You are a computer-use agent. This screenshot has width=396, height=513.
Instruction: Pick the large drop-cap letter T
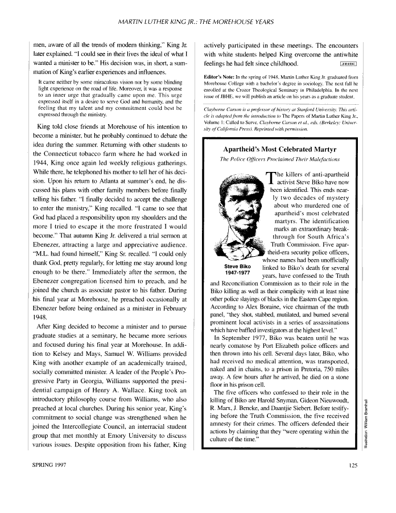[270, 178]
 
